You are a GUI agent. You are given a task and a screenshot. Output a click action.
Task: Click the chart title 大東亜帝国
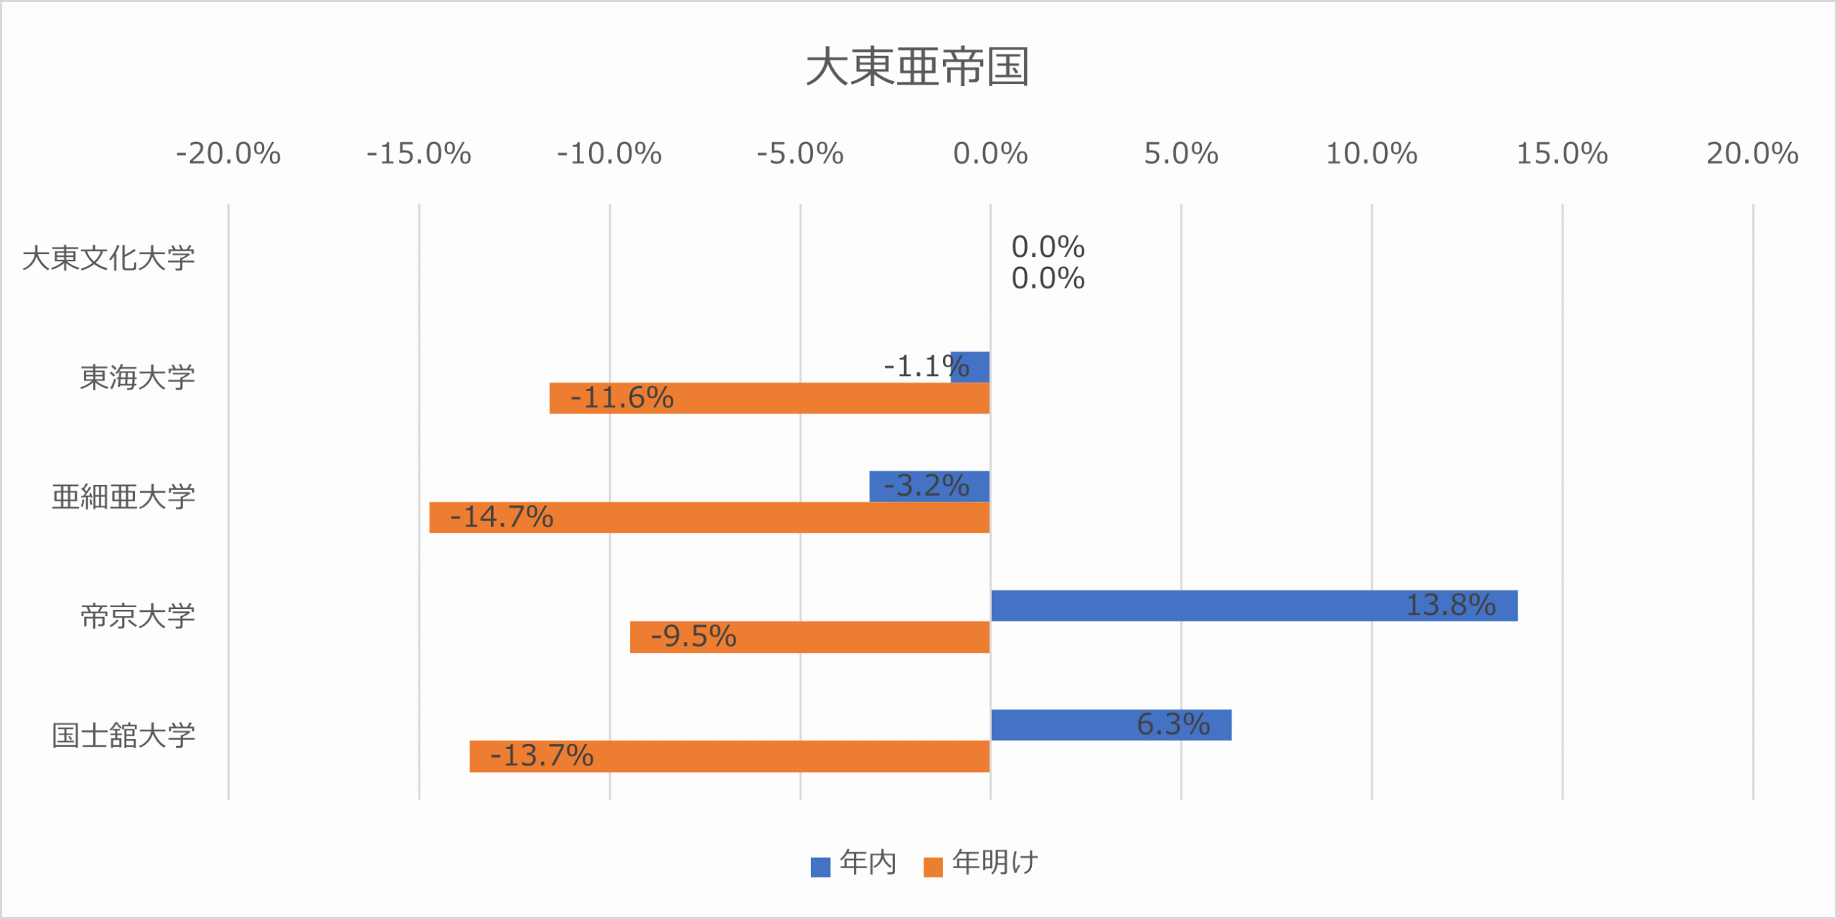pyautogui.click(x=918, y=67)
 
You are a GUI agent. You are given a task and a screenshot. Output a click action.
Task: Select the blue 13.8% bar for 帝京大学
pyautogui.click(x=1220, y=605)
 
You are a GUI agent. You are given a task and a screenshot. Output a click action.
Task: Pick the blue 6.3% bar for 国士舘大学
pyautogui.click(x=1076, y=725)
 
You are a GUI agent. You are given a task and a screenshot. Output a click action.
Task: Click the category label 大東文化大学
pyautogui.click(x=109, y=258)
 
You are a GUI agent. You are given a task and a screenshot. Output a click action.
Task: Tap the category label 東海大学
pyautogui.click(x=138, y=377)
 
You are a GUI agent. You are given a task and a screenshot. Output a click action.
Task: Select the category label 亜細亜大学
pyautogui.click(x=123, y=496)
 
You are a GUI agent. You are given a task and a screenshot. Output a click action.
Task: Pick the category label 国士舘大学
pyautogui.click(x=123, y=735)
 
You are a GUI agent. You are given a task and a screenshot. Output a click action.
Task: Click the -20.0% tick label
pyautogui.click(x=228, y=154)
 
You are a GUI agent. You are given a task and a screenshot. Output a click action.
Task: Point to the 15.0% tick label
pyautogui.click(x=1562, y=154)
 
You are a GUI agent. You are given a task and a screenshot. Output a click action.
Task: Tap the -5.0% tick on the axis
pyautogui.click(x=800, y=154)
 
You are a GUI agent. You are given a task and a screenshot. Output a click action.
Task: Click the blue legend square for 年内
pyautogui.click(x=820, y=867)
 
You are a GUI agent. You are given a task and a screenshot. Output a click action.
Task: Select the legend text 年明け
pyautogui.click(x=995, y=862)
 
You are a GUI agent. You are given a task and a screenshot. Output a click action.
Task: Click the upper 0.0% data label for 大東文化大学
pyautogui.click(x=1048, y=248)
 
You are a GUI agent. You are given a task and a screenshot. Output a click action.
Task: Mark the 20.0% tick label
pyautogui.click(x=1752, y=154)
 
